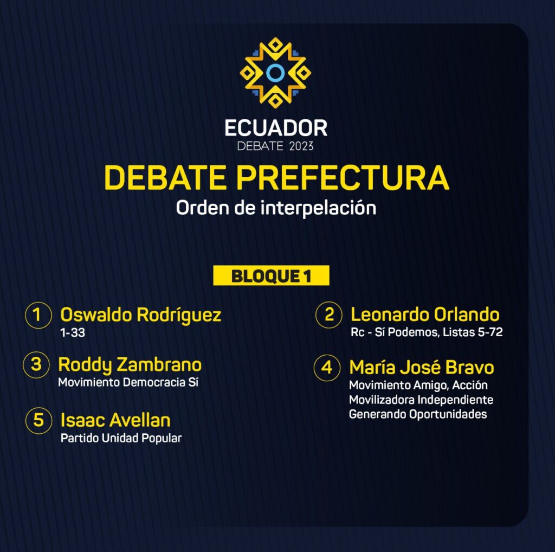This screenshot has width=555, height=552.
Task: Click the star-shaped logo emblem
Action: [x=275, y=73]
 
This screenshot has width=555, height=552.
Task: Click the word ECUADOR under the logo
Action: [x=276, y=128]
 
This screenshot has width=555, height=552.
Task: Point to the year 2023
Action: [x=301, y=146]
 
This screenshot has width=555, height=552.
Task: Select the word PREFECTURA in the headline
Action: [x=343, y=177]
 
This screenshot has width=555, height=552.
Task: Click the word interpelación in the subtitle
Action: [x=318, y=208]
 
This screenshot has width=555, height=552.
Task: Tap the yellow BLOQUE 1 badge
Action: [x=271, y=275]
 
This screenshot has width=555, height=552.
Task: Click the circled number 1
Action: [x=38, y=315]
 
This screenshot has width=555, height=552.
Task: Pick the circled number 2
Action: [x=329, y=315]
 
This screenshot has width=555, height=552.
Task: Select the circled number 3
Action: [x=36, y=365]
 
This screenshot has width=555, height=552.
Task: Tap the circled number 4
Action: [x=327, y=368]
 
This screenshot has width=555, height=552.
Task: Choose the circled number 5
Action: [x=38, y=420]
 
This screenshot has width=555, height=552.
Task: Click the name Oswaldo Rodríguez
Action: [x=141, y=315]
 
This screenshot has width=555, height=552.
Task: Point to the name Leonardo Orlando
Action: [x=425, y=314]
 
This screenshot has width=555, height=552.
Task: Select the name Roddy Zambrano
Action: [x=130, y=365]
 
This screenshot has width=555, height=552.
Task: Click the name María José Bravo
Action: [x=422, y=367]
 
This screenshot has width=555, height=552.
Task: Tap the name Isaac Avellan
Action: [x=115, y=420]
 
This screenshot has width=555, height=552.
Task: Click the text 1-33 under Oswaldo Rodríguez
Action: [x=73, y=333]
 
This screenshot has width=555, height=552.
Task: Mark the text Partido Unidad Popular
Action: [x=121, y=438]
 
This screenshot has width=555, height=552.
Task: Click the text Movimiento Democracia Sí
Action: [x=128, y=382]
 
